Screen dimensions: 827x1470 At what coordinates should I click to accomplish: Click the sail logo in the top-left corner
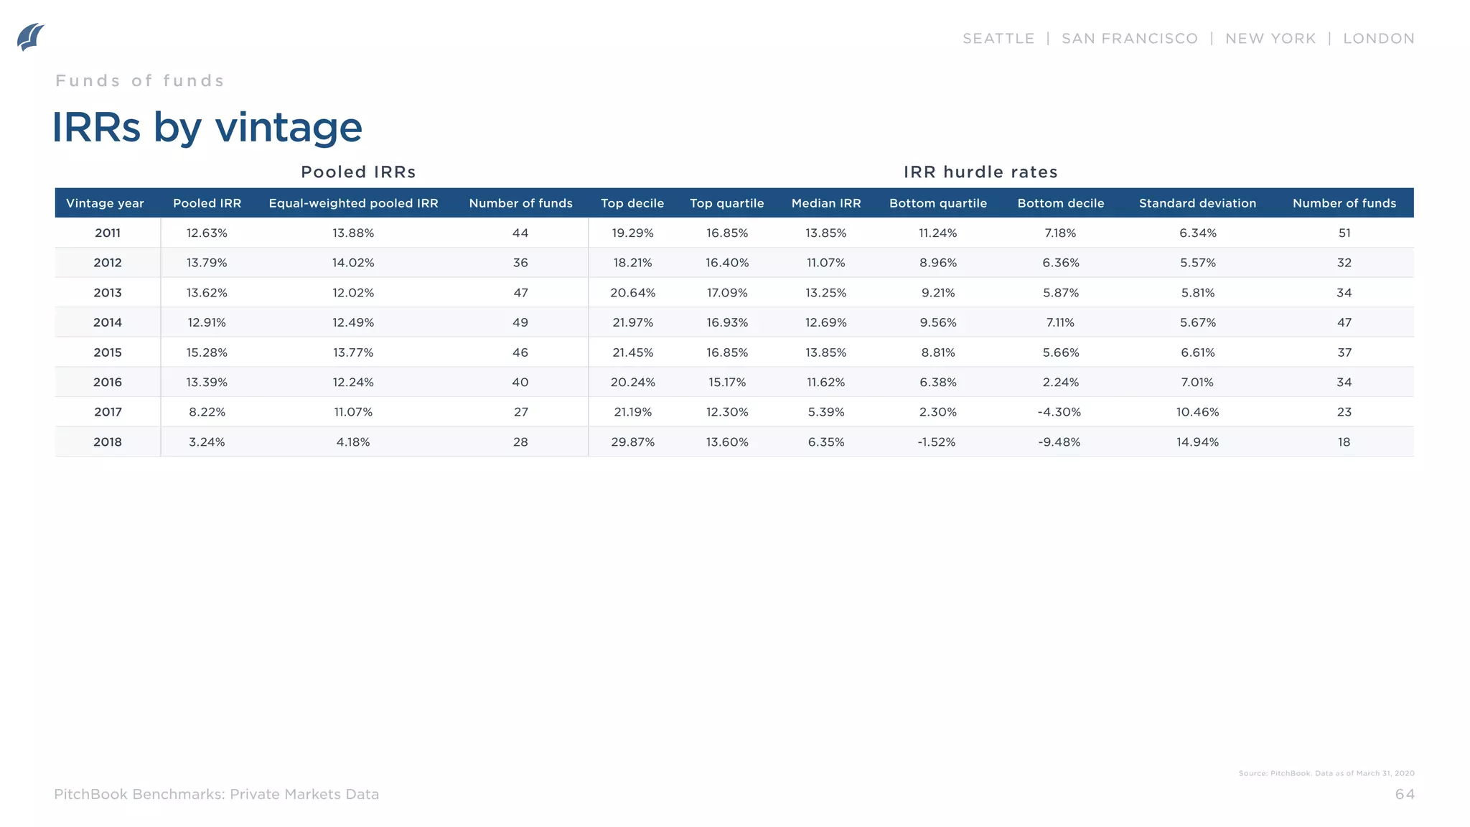pyautogui.click(x=30, y=37)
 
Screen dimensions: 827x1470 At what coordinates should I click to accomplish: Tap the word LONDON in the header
pyautogui.click(x=1378, y=39)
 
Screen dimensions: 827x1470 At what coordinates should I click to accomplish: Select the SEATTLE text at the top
pyautogui.click(x=998, y=39)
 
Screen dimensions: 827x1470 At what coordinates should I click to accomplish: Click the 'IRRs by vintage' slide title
pyautogui.click(x=207, y=128)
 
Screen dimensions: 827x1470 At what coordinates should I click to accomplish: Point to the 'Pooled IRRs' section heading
pyautogui.click(x=358, y=172)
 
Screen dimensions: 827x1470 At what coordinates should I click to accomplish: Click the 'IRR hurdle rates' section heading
pyautogui.click(x=980, y=172)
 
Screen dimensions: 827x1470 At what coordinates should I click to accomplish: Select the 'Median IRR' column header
pyautogui.click(x=825, y=203)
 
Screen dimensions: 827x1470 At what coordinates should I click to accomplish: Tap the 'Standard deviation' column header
pyautogui.click(x=1197, y=203)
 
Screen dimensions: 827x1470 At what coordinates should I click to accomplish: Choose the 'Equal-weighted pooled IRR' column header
pyautogui.click(x=353, y=203)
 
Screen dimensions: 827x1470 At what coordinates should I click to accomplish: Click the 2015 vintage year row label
pyautogui.click(x=108, y=352)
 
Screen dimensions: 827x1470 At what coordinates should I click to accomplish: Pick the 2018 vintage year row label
pyautogui.click(x=108, y=442)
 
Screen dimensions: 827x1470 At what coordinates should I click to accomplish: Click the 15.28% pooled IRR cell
pyautogui.click(x=207, y=352)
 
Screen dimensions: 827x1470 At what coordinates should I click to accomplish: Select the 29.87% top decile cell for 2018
pyautogui.click(x=632, y=442)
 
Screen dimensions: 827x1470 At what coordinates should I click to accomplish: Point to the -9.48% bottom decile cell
pyautogui.click(x=1059, y=442)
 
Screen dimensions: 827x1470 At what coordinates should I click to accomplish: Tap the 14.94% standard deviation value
pyautogui.click(x=1197, y=442)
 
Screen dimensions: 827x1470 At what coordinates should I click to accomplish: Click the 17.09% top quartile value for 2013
pyautogui.click(x=726, y=293)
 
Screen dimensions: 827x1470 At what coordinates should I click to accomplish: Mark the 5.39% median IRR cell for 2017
pyautogui.click(x=825, y=412)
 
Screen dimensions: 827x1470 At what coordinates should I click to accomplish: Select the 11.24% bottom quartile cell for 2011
pyautogui.click(x=937, y=233)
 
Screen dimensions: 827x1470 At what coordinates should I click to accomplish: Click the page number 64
pyautogui.click(x=1404, y=794)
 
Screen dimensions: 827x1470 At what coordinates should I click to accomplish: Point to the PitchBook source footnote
pyautogui.click(x=1326, y=773)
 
